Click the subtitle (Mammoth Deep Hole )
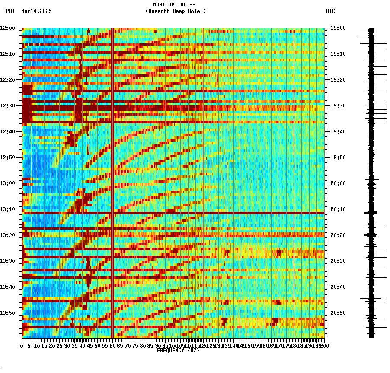pos(176,11)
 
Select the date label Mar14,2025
pos(36,11)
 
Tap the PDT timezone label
pos(10,11)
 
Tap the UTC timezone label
pos(330,11)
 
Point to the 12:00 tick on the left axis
pos(8,28)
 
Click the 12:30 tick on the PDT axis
pos(8,106)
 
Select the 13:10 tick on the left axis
pos(8,209)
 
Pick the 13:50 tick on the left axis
pos(8,313)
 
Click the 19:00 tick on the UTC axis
pos(338,28)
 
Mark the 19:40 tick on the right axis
pos(338,132)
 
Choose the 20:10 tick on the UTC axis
pos(338,209)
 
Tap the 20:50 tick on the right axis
pos(338,313)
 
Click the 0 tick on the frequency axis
pos(22,345)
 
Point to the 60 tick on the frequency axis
pos(112,345)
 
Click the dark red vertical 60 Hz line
pos(112,173)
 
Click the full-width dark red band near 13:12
pos(173,213)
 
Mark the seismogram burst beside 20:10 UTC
pos(371,212)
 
